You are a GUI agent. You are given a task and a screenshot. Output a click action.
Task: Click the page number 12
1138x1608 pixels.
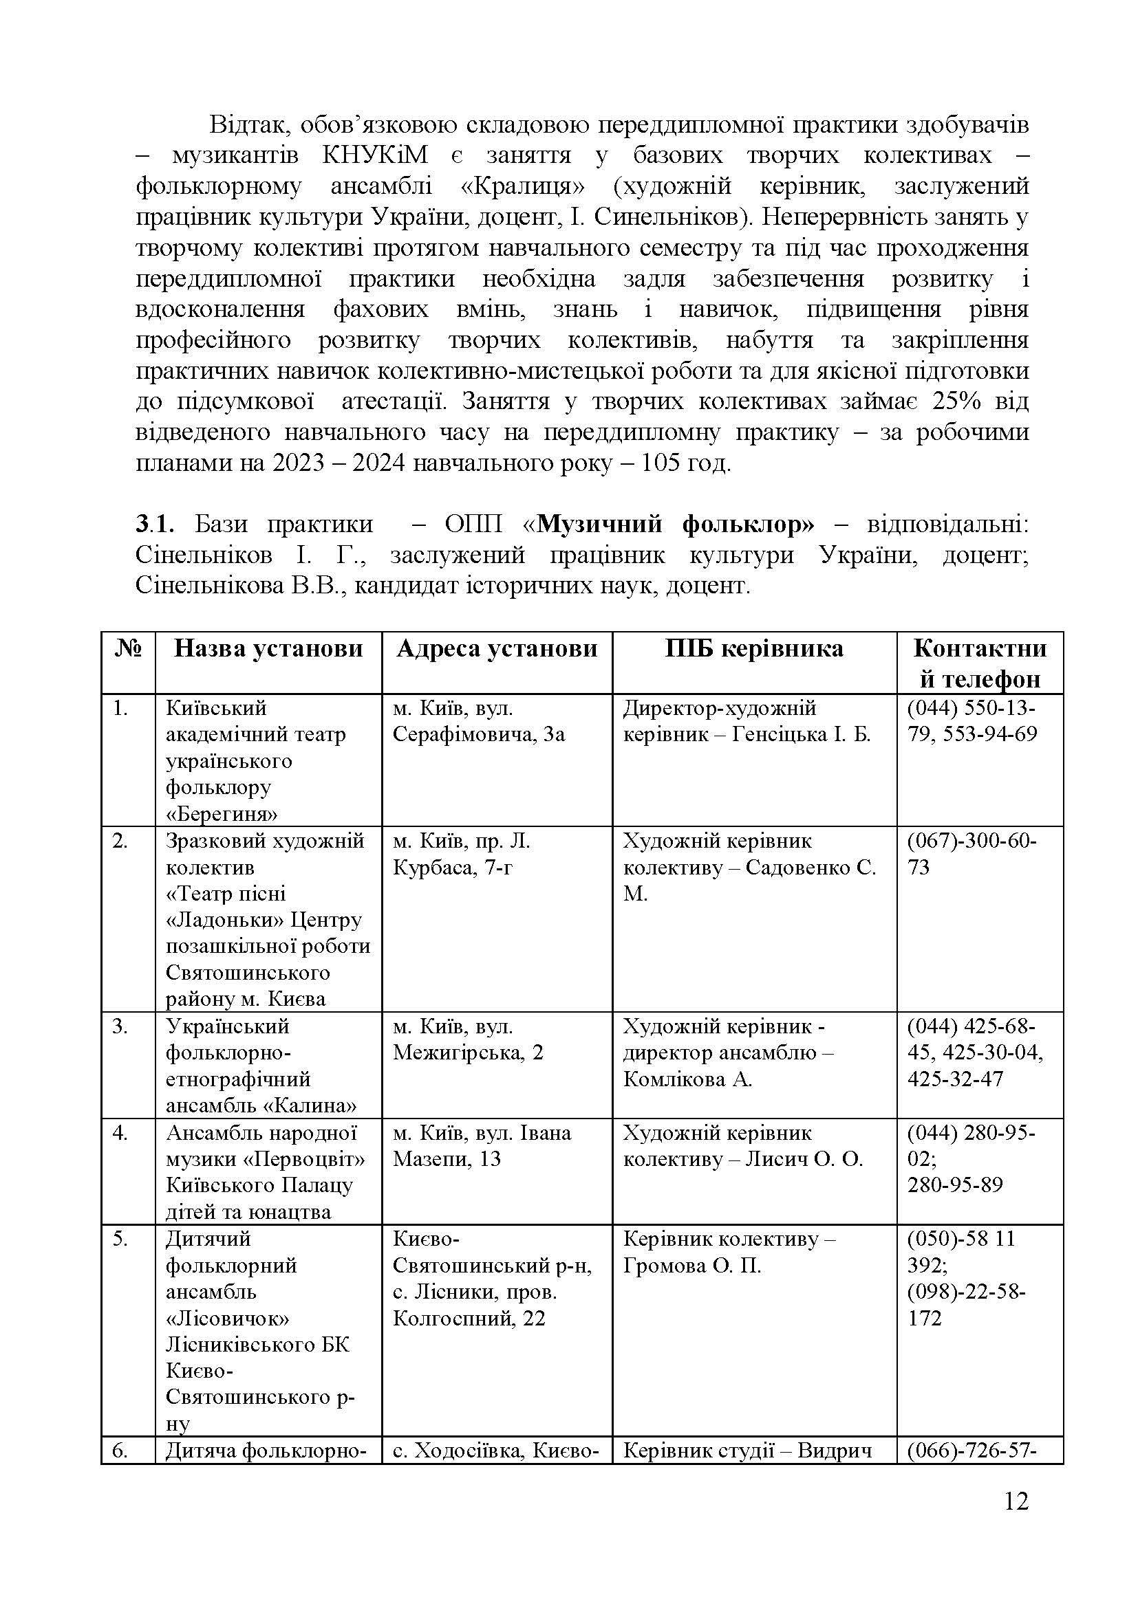pyautogui.click(x=1016, y=1521)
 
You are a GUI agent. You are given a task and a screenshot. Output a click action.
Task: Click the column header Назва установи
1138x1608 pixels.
pyautogui.click(x=268, y=649)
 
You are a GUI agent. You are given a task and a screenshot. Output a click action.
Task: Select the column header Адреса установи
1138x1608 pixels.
pyautogui.click(x=497, y=649)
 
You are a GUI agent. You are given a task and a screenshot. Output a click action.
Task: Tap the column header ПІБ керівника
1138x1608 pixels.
pyautogui.click(x=754, y=649)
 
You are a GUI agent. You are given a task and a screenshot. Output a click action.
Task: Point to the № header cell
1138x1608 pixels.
pyautogui.click(x=127, y=649)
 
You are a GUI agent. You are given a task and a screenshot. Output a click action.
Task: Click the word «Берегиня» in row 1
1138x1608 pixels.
pyautogui.click(x=222, y=814)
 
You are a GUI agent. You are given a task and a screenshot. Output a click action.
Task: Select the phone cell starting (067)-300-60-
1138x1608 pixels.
pyautogui.click(x=971, y=854)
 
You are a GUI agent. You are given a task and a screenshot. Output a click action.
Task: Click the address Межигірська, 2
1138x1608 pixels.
pyautogui.click(x=467, y=1053)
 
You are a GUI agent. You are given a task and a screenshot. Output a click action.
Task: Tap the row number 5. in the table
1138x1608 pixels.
pyautogui.click(x=120, y=1239)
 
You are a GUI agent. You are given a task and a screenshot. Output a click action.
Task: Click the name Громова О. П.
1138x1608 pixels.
pyautogui.click(x=691, y=1266)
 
